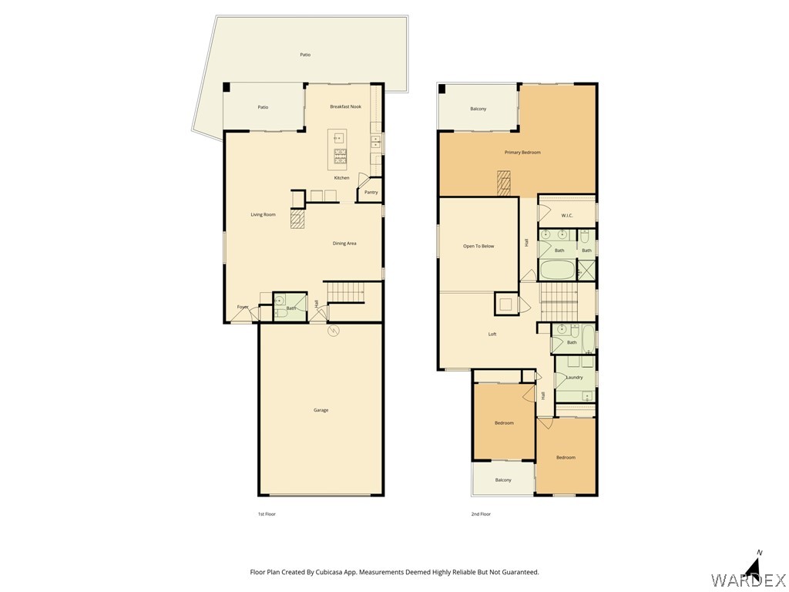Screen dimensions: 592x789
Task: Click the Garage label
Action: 321,410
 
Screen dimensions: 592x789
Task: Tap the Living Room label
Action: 263,214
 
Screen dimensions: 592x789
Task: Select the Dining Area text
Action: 344,244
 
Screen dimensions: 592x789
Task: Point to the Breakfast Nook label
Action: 345,106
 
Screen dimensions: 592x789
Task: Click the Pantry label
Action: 371,192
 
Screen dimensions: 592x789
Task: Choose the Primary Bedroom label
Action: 522,153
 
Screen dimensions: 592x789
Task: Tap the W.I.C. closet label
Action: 566,215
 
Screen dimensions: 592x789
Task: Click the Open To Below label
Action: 478,246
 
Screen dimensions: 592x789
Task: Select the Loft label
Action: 492,334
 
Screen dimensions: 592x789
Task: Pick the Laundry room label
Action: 574,377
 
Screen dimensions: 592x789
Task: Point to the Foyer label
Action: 243,307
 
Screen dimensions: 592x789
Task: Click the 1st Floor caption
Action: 267,513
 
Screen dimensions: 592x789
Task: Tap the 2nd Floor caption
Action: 481,513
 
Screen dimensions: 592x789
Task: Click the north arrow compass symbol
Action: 755,567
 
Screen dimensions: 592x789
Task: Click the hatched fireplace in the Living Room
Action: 298,220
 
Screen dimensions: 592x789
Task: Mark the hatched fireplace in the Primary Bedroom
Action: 503,184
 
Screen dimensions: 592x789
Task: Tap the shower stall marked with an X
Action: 586,271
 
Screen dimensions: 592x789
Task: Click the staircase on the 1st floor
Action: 345,292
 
